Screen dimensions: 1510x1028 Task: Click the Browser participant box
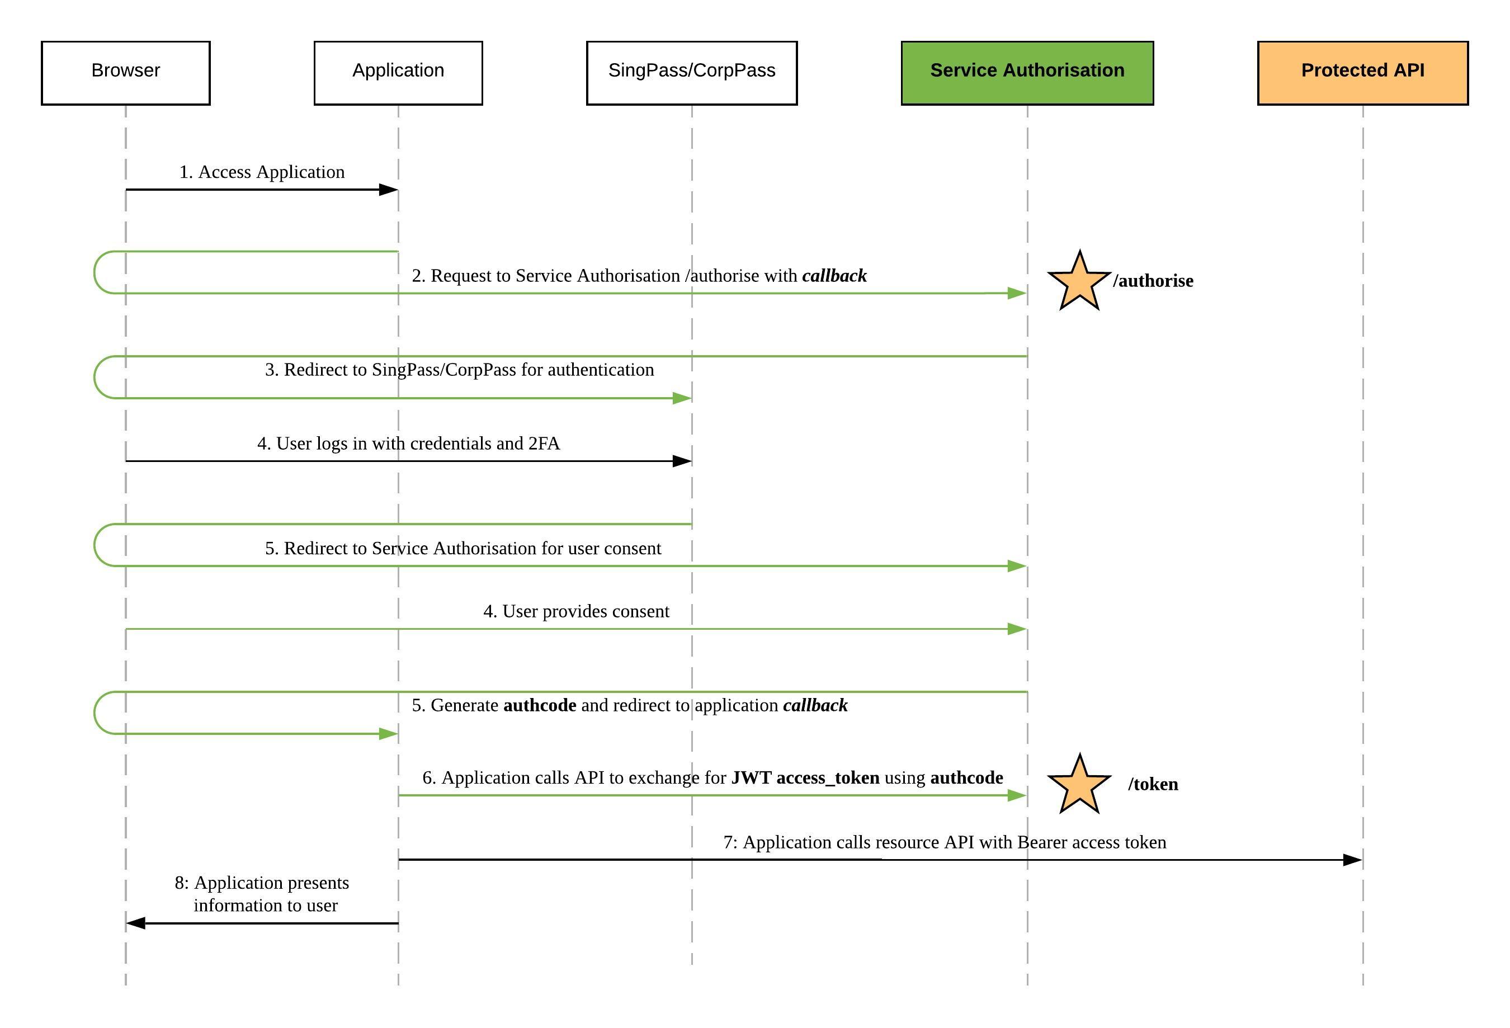[x=125, y=73]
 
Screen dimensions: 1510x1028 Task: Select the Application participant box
[x=398, y=73]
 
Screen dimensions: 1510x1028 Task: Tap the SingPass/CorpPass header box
[x=692, y=73]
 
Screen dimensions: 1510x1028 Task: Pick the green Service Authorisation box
[x=1027, y=73]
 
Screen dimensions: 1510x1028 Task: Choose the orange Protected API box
[x=1363, y=73]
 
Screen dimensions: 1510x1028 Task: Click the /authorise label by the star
[x=1153, y=281]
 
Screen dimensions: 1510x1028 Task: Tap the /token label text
[x=1153, y=784]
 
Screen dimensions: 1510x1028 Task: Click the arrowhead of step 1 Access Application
[x=389, y=190]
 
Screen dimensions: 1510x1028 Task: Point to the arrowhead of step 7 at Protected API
[x=1353, y=860]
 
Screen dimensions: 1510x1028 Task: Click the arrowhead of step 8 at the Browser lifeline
[x=136, y=923]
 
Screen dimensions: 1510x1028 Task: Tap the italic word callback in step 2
[x=834, y=276]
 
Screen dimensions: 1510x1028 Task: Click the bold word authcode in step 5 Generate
[x=540, y=705]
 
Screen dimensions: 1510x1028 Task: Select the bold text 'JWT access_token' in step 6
[x=806, y=778]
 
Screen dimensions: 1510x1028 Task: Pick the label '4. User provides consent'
[x=577, y=611]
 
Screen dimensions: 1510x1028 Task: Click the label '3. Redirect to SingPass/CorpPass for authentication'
[x=459, y=370]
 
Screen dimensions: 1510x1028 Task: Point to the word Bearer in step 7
[x=1043, y=842]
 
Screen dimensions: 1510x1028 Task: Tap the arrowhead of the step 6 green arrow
[x=1017, y=795]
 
